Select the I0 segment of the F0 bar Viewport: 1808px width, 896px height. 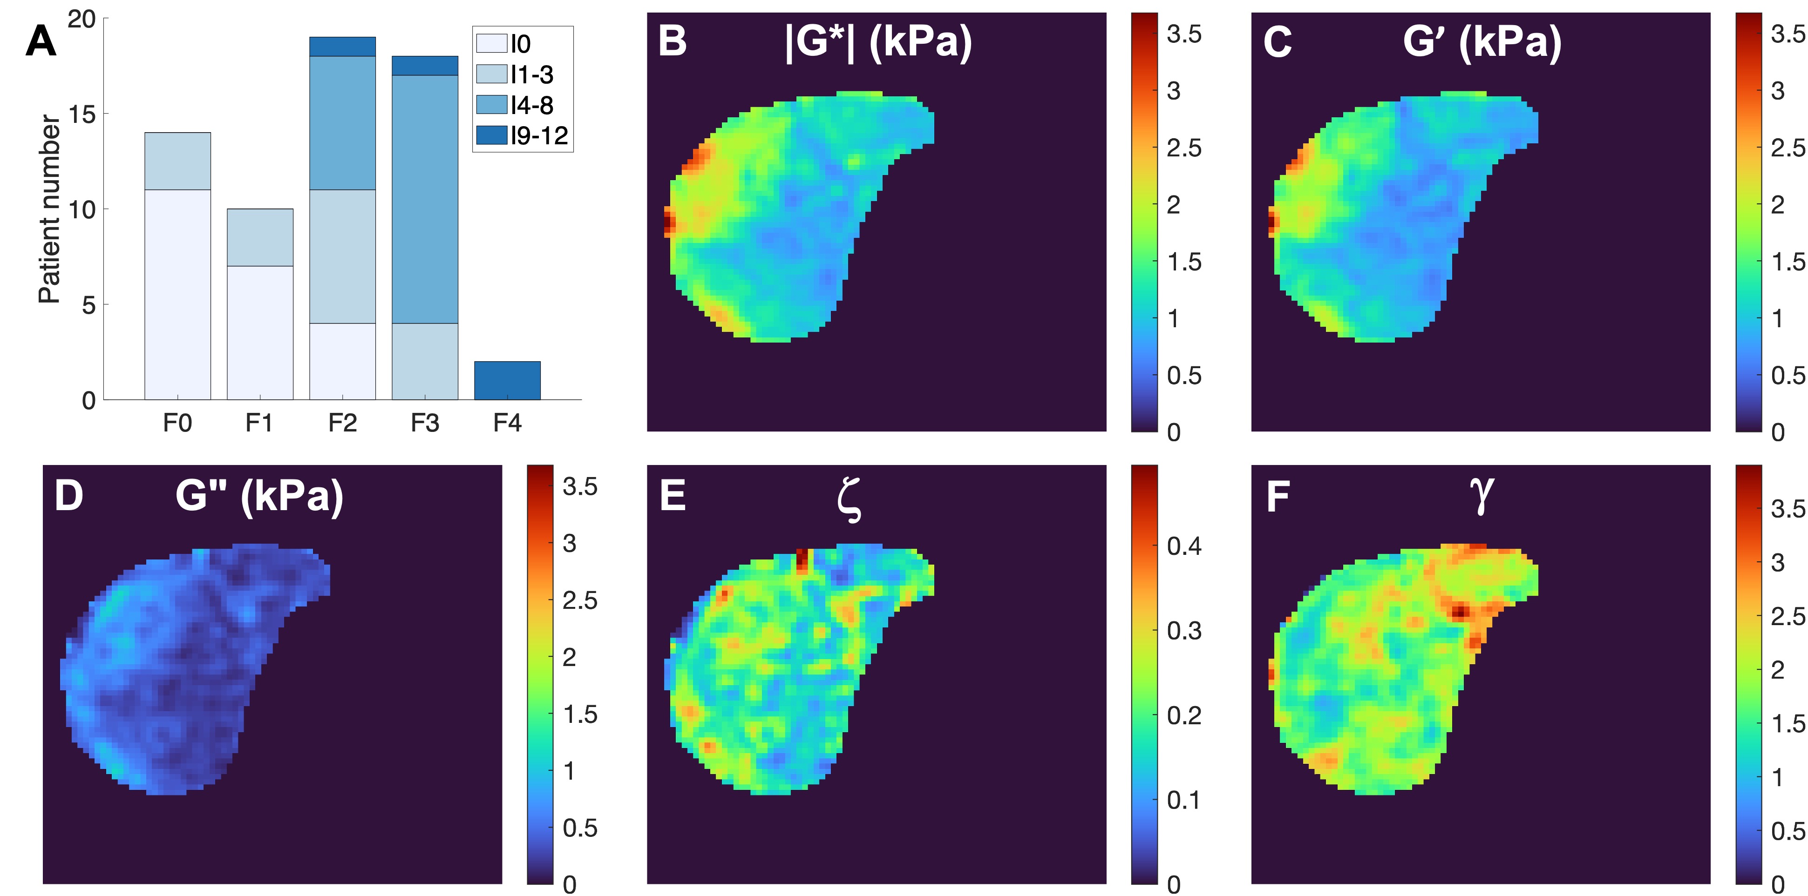177,295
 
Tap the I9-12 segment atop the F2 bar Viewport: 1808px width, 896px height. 342,46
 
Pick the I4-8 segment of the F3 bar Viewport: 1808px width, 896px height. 425,199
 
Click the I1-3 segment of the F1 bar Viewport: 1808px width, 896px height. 260,237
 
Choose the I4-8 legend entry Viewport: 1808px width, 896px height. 515,105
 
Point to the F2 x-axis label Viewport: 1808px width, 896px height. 342,423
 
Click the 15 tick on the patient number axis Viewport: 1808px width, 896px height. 82,114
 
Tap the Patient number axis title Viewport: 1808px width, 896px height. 49,209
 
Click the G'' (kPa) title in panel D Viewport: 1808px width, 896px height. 259,496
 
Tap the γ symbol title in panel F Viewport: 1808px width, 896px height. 1481,495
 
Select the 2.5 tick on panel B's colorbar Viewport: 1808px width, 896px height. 1184,148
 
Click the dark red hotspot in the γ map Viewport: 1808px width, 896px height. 1460,612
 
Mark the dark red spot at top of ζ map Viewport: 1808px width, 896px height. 802,560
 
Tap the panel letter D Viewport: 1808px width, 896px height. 69,496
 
